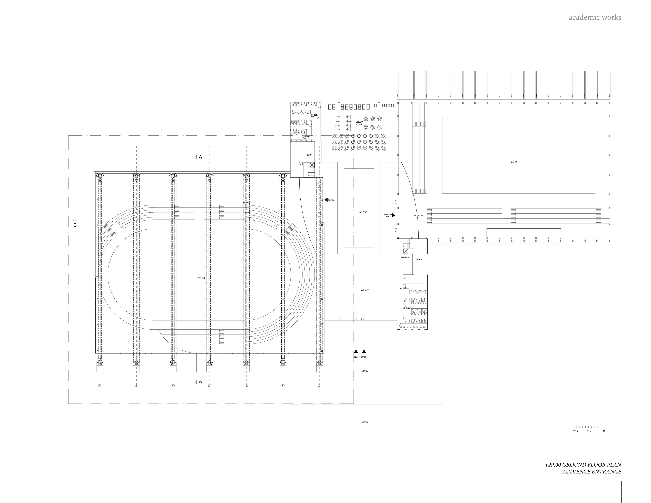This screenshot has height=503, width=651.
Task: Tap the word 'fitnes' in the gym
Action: coord(359,124)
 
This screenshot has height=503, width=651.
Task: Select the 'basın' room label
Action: coord(419,259)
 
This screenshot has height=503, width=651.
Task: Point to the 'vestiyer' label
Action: coord(405,257)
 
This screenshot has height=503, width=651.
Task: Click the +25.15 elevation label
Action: coord(363,213)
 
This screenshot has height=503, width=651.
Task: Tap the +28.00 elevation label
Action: coord(364,422)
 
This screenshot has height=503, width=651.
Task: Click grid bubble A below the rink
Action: coord(100,386)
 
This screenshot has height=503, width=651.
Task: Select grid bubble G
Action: coord(320,386)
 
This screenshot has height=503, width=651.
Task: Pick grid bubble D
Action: coord(210,386)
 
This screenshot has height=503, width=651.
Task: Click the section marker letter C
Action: coord(75,225)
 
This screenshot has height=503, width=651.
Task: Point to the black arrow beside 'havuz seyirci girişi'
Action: coord(393,215)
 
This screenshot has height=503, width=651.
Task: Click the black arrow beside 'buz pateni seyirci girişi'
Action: coord(326,200)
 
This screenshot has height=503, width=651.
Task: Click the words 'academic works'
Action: coord(595,17)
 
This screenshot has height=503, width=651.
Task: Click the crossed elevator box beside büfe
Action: coord(312,165)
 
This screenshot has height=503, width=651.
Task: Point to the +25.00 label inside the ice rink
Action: coord(201,278)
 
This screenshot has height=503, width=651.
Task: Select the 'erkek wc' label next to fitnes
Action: coord(314,115)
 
